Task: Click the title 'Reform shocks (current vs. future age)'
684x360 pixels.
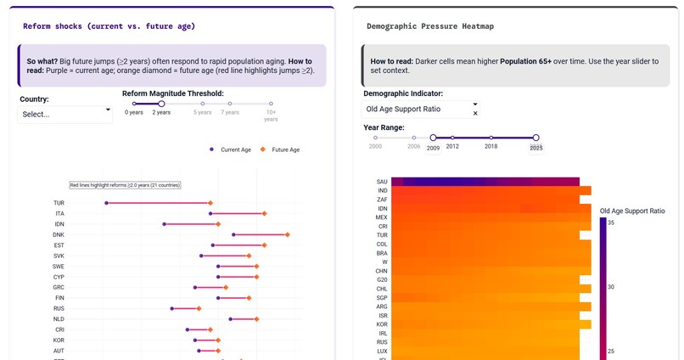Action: point(109,26)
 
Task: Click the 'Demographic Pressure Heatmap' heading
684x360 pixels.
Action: point(430,26)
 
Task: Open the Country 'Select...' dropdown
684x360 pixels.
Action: point(65,114)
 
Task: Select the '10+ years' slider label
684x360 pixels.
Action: point(271,115)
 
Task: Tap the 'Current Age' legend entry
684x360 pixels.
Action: point(231,149)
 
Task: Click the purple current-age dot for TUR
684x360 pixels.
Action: point(106,203)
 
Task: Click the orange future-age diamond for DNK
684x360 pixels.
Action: point(288,234)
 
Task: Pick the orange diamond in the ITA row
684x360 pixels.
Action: point(264,214)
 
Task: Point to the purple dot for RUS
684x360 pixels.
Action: point(172,309)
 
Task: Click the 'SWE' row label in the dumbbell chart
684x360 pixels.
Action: point(59,267)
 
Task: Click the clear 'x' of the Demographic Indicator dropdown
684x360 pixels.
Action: point(475,113)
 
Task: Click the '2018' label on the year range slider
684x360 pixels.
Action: point(491,147)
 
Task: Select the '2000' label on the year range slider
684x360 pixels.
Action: point(375,147)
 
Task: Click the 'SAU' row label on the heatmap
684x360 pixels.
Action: point(382,182)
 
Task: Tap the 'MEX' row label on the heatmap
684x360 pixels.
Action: point(382,217)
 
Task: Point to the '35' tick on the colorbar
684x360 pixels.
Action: point(611,222)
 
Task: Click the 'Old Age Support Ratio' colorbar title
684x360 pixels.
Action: point(632,211)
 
